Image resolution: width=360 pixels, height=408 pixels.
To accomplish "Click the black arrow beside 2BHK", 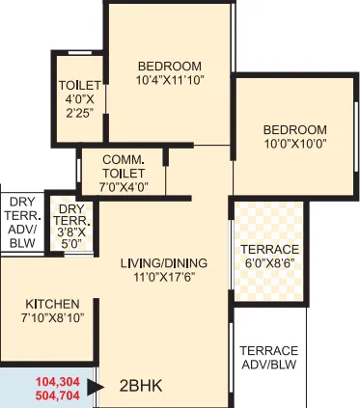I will pos(95,387).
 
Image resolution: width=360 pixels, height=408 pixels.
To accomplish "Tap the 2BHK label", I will pos(141,387).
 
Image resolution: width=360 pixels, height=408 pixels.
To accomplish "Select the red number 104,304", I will pos(60,380).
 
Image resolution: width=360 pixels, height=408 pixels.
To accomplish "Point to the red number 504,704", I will pos(60,394).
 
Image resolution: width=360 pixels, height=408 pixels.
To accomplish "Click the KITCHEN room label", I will pos(52,303).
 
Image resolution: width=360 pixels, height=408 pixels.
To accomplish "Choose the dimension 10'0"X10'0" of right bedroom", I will pos(294,144).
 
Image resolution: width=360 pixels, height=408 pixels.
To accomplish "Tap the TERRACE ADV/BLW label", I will pos(269,357).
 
